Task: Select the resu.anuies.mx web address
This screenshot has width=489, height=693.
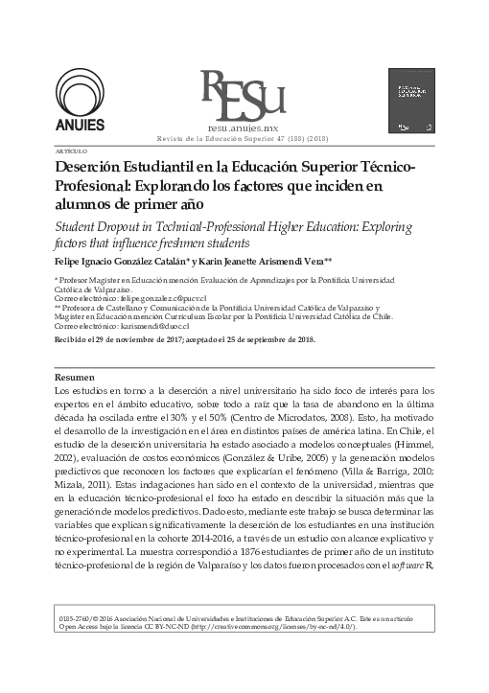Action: [x=243, y=126]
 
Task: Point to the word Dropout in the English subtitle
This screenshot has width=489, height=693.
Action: [x=111, y=226]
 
